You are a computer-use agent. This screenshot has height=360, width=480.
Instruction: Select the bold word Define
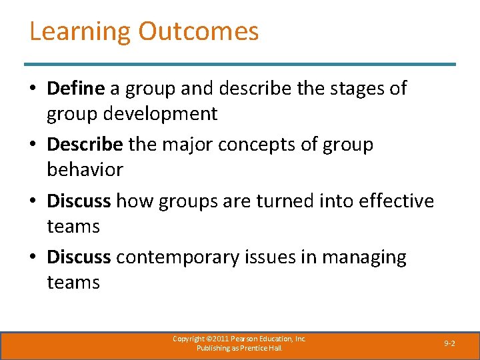(76, 88)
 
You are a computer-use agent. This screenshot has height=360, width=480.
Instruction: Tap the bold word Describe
(85, 145)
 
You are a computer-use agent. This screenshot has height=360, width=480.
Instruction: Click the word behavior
(85, 170)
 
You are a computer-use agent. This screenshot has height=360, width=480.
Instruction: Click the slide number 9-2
(449, 343)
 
